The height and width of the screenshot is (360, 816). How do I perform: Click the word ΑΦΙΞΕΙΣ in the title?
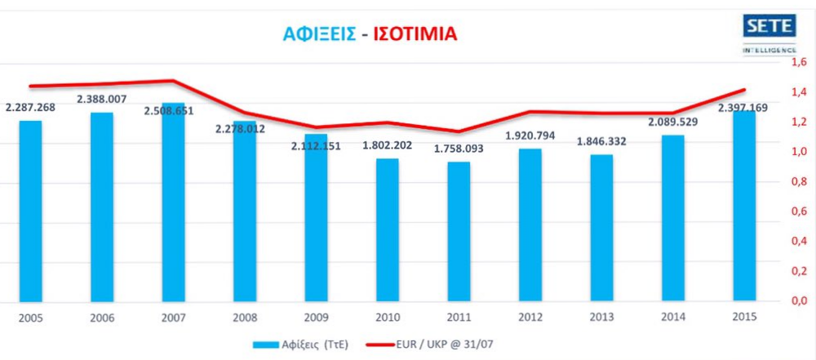click(318, 33)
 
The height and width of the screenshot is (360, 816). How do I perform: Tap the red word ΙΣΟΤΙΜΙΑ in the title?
click(414, 33)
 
